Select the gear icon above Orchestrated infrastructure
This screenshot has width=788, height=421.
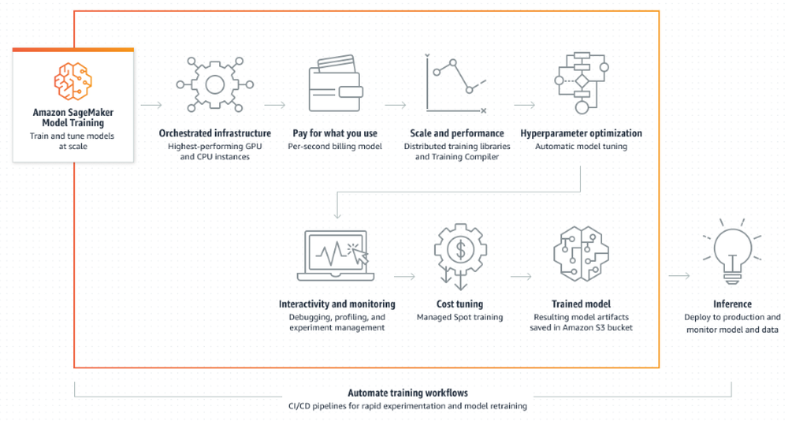(x=214, y=84)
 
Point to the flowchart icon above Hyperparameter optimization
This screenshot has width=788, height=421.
(x=581, y=84)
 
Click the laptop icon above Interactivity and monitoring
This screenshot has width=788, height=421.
(x=336, y=254)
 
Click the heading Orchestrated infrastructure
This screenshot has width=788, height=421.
(x=214, y=133)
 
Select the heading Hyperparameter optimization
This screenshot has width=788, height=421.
(x=581, y=133)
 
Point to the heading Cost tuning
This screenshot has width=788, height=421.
(x=459, y=304)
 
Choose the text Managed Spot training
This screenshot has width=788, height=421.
(x=459, y=317)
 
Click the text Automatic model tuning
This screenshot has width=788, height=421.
(x=581, y=147)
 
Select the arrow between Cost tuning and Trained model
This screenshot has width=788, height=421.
(x=521, y=277)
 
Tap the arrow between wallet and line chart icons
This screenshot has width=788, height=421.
(x=396, y=104)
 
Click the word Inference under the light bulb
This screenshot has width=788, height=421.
(x=732, y=304)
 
